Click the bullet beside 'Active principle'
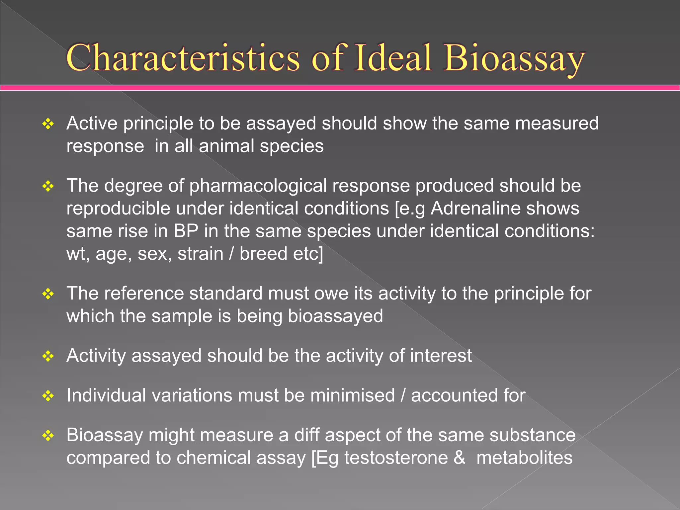pyautogui.click(x=48, y=124)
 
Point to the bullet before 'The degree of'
pyautogui.click(x=48, y=186)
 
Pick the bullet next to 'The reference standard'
pyautogui.click(x=48, y=294)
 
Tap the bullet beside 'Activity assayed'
pyautogui.click(x=48, y=356)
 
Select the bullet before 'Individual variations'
pyautogui.click(x=48, y=396)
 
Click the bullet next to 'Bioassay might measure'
pyautogui.click(x=48, y=435)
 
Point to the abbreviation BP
pyautogui.click(x=186, y=231)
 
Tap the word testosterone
pyautogui.click(x=396, y=458)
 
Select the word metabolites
pyautogui.click(x=524, y=458)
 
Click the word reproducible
pyautogui.click(x=118, y=209)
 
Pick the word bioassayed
pyautogui.click(x=335, y=316)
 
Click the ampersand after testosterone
pyautogui.click(x=459, y=458)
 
